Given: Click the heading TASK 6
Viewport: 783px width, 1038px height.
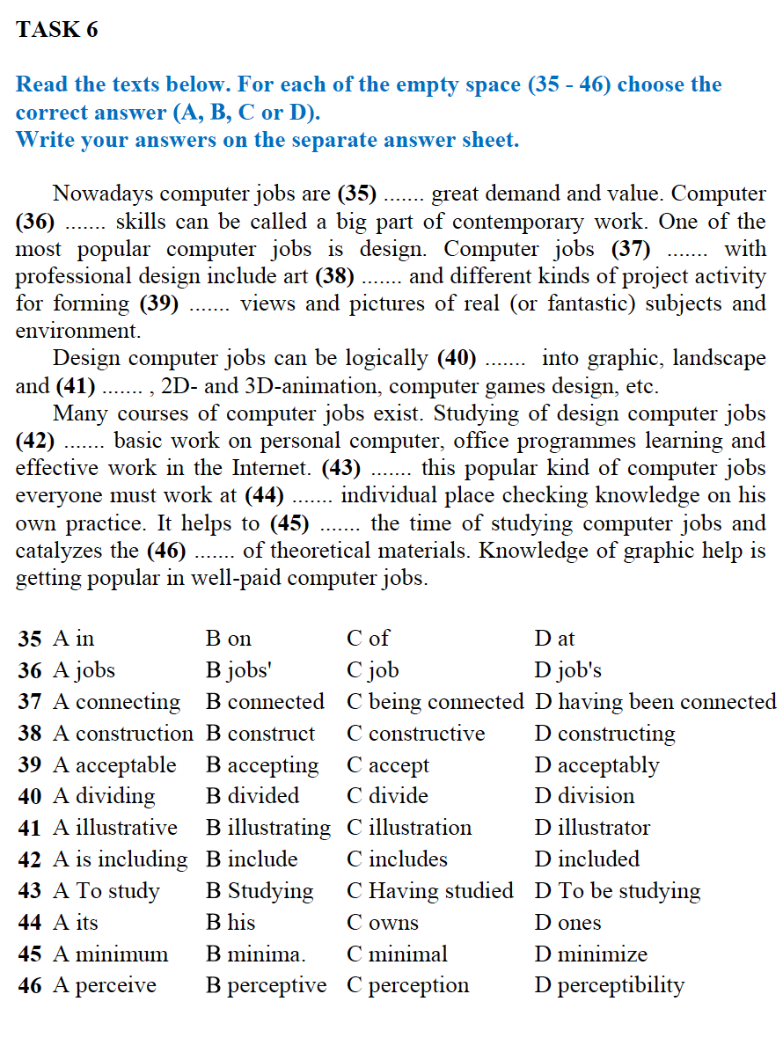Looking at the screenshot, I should pyautogui.click(x=57, y=30).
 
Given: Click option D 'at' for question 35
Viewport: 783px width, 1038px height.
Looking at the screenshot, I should pyautogui.click(x=554, y=639).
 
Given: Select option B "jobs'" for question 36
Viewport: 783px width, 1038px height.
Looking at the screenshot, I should pyautogui.click(x=238, y=670).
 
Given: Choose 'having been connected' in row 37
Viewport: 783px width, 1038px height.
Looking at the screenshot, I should pyautogui.click(x=655, y=702).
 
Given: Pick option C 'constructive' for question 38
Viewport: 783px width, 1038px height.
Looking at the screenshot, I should pyautogui.click(x=415, y=734).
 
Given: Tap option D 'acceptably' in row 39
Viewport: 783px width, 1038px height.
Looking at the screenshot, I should pyautogui.click(x=596, y=765).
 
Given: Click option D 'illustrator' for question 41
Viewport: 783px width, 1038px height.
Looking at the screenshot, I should pyautogui.click(x=592, y=828).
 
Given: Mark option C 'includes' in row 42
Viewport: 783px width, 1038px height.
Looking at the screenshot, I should pyautogui.click(x=397, y=859).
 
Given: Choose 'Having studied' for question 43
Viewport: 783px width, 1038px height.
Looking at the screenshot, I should pyautogui.click(x=430, y=891).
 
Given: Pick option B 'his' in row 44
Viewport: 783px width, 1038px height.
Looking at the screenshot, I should pyautogui.click(x=231, y=923).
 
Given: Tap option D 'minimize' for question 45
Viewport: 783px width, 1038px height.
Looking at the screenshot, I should pyautogui.click(x=590, y=954).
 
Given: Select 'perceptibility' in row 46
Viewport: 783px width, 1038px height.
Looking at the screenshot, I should pyautogui.click(x=609, y=986).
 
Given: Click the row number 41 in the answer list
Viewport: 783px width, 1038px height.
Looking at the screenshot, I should pyautogui.click(x=30, y=828).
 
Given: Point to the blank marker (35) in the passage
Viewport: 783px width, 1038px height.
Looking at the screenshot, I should pyautogui.click(x=357, y=194).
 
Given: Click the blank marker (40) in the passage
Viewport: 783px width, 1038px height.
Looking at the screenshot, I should pyautogui.click(x=457, y=359).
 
